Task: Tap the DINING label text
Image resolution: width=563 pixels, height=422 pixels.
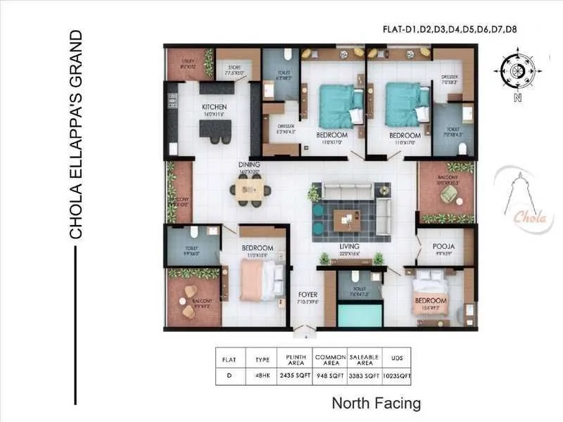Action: tap(249, 164)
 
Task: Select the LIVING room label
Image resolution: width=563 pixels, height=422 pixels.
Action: tap(349, 247)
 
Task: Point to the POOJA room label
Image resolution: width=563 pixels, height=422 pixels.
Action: tap(443, 247)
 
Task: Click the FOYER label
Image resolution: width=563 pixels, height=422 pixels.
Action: tap(308, 294)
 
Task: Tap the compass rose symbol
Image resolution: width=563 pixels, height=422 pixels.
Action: tap(517, 70)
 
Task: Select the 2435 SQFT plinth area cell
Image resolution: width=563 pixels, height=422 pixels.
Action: tap(293, 376)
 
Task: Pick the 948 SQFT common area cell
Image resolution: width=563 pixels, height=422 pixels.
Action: tap(330, 376)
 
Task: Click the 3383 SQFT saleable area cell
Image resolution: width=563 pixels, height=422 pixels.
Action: tap(365, 376)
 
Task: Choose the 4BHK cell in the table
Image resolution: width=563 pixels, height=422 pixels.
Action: tap(261, 376)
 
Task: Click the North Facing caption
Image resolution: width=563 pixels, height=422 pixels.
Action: tap(377, 404)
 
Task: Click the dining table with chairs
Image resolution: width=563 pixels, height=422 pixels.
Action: tap(250, 189)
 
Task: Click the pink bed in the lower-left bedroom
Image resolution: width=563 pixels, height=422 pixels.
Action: tap(254, 279)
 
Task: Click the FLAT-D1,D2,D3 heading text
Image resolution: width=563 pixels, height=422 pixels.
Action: tap(428, 30)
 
